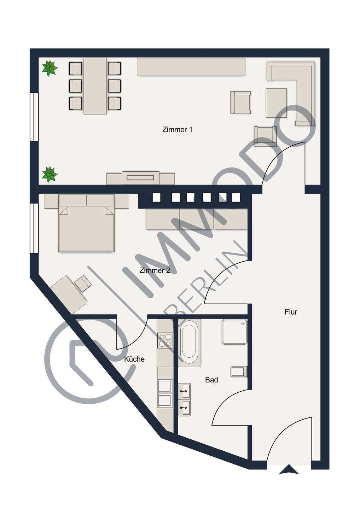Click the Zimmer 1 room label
click(177, 130)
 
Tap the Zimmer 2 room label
click(155, 270)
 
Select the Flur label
click(291, 312)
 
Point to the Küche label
click(134, 359)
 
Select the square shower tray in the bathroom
click(234, 332)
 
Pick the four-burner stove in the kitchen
click(165, 340)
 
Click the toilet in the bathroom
click(239, 372)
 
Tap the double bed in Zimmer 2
click(86, 229)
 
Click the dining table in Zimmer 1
click(95, 86)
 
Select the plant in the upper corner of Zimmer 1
click(50, 68)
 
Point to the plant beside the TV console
click(50, 175)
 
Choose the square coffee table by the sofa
click(276, 103)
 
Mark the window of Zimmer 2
click(34, 228)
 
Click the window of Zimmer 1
click(34, 117)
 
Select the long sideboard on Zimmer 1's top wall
click(191, 67)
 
